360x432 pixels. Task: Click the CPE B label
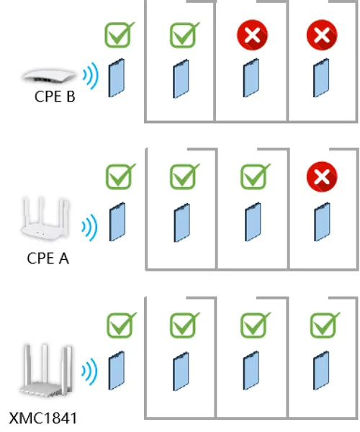tap(55, 96)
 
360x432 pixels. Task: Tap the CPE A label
tap(48, 258)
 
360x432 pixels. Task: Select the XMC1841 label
tap(43, 418)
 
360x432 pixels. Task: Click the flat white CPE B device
tap(49, 75)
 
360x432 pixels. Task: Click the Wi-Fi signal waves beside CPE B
tap(91, 76)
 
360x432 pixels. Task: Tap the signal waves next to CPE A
tap(89, 228)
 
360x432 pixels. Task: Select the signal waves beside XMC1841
tap(89, 371)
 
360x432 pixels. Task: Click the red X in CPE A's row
tap(322, 176)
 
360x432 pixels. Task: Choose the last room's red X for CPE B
tap(322, 35)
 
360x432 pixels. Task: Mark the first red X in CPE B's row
tap(252, 35)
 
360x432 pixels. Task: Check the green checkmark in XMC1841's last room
tap(324, 325)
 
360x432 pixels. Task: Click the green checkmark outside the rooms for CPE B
tap(119, 35)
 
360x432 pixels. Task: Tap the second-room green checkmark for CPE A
tap(254, 176)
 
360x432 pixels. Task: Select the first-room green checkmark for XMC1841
tap(184, 325)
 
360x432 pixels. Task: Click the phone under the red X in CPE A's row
tap(322, 222)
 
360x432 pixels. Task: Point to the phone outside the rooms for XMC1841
tap(116, 371)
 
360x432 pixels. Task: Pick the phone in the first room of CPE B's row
tap(181, 78)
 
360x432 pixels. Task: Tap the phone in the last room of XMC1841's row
tap(321, 371)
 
